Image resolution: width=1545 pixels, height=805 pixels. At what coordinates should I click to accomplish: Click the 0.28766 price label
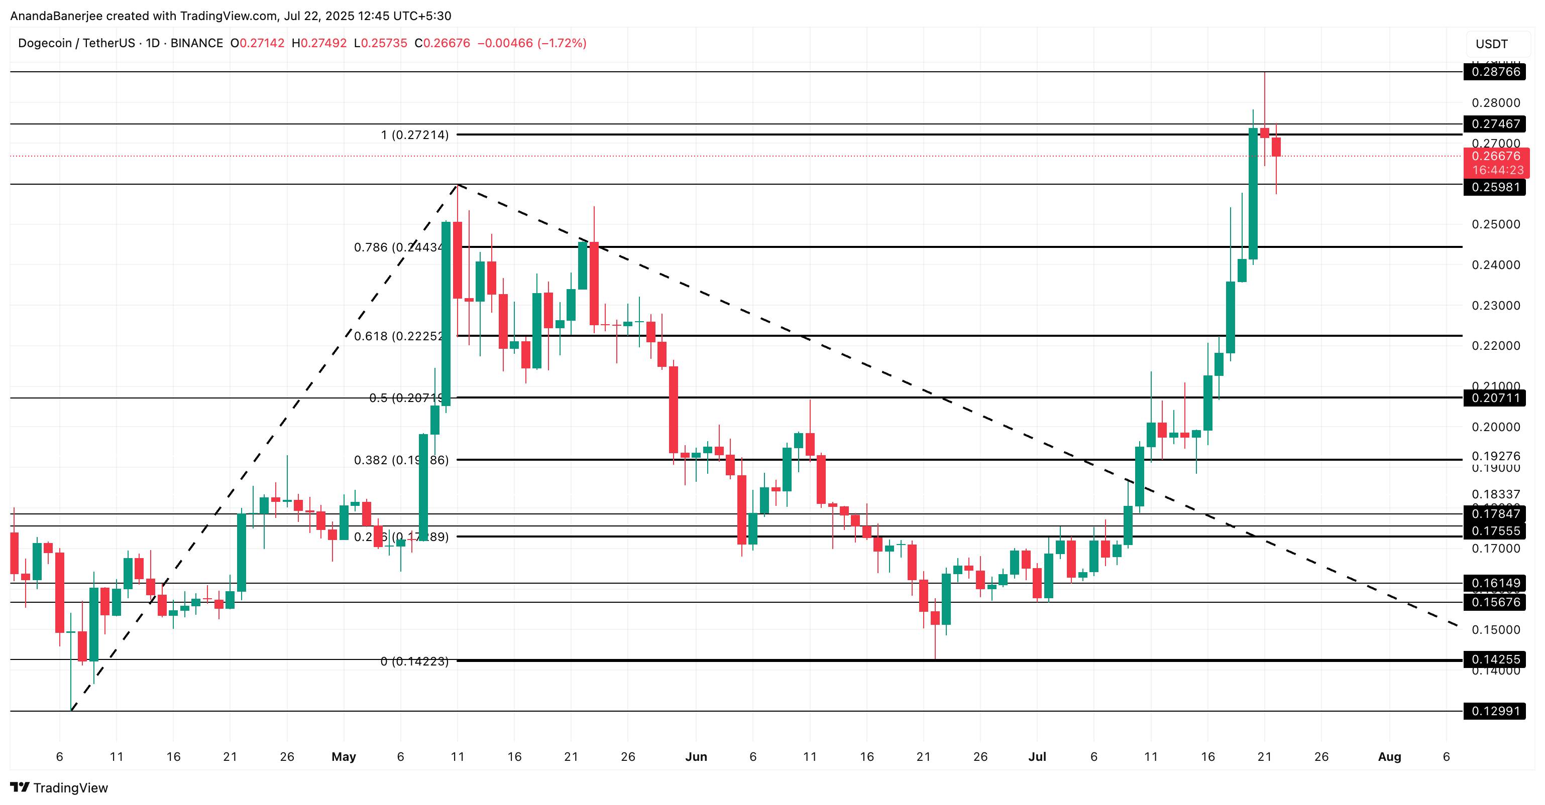click(1495, 72)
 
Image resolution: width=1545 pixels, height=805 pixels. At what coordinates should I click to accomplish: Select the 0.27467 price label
click(1495, 124)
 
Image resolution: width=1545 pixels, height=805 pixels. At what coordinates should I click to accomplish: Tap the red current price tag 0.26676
click(1495, 157)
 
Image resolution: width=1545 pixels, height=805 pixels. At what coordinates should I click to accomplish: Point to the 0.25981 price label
click(1495, 187)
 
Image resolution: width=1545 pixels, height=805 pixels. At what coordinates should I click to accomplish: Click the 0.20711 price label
click(1495, 398)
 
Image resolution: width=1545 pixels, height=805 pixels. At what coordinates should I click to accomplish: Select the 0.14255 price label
click(1495, 660)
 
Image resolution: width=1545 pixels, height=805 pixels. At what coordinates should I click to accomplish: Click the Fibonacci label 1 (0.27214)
click(414, 135)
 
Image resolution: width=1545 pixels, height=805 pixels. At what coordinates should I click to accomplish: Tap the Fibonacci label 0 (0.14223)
click(414, 661)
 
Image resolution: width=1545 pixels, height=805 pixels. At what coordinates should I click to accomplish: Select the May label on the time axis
click(344, 757)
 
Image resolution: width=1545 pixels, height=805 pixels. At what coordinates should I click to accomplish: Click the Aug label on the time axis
click(1389, 757)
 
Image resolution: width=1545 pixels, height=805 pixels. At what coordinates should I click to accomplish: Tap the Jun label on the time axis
click(696, 757)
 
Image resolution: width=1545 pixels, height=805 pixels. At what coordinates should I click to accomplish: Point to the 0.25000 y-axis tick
click(1495, 225)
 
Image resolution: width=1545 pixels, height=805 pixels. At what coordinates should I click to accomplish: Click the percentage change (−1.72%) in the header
click(562, 43)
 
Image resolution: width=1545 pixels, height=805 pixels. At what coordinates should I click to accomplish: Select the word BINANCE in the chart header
click(197, 43)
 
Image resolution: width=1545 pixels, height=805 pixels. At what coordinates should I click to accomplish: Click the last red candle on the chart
click(1276, 148)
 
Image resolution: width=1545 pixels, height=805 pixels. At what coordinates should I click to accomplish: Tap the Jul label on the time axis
click(1037, 757)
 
